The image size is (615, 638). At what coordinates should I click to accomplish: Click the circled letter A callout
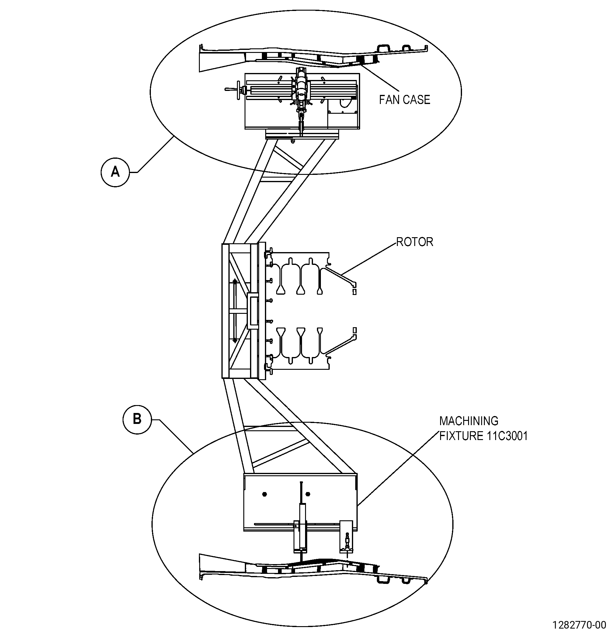115,172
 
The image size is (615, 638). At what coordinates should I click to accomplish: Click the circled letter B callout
137,419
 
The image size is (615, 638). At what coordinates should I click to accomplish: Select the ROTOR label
415,242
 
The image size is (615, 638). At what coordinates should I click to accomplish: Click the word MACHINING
469,421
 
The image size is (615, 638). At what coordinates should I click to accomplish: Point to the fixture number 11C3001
507,436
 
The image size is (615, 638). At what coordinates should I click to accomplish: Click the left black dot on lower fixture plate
264,494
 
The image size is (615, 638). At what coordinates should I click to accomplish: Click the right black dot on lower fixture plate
308,494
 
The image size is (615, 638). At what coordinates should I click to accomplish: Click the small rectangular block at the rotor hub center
253,310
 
